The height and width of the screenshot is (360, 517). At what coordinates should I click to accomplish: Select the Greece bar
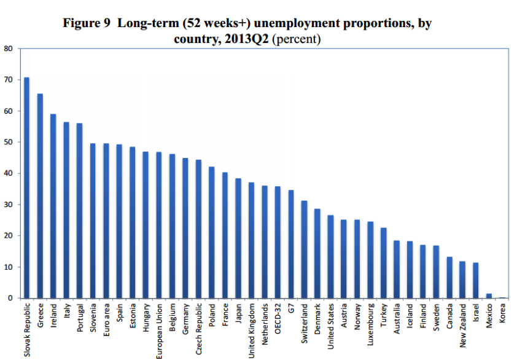[40, 196]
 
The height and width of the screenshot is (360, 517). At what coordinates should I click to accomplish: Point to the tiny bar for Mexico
[489, 296]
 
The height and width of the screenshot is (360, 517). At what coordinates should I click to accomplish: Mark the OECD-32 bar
[278, 242]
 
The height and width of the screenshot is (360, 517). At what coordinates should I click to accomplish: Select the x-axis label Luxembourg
[371, 325]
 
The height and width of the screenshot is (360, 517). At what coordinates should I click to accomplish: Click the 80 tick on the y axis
[8, 49]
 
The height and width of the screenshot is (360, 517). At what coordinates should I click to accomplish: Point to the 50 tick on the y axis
[8, 142]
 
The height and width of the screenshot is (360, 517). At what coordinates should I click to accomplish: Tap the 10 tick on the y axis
[8, 267]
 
